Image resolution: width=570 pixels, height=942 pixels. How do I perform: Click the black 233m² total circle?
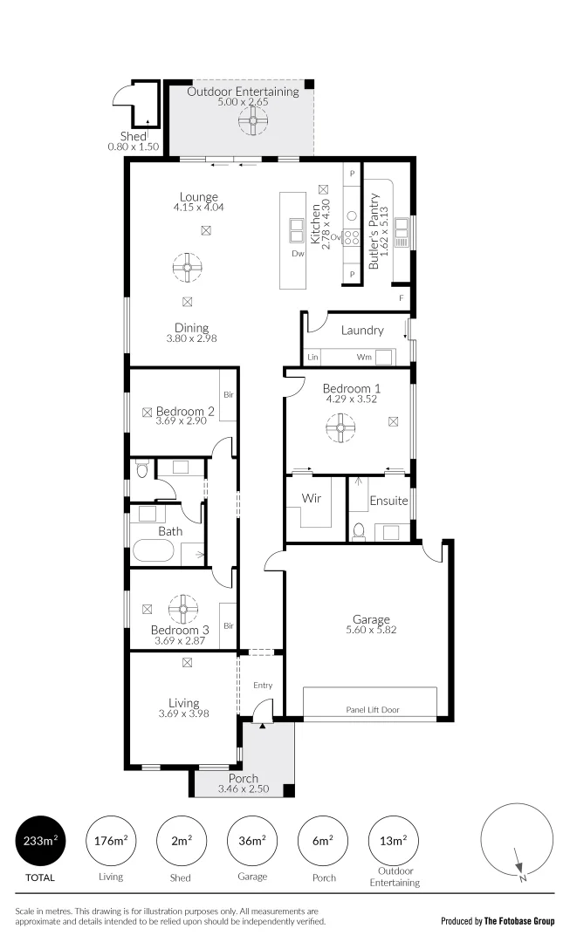(42, 841)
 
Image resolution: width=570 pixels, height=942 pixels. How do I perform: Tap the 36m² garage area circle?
(251, 841)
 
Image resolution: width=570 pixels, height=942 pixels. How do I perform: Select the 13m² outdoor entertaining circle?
(394, 841)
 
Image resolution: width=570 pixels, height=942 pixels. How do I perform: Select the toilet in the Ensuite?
(359, 530)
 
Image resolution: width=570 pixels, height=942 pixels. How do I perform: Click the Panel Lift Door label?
(372, 710)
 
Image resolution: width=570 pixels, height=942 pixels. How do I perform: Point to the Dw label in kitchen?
(298, 255)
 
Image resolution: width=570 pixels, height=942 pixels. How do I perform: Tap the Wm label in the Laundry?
(364, 358)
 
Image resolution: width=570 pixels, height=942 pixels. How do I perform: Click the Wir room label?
(312, 499)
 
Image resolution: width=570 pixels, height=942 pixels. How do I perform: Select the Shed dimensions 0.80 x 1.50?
(134, 147)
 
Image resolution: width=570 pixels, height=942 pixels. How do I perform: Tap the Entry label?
(263, 686)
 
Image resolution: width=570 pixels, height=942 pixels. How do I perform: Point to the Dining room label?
(191, 328)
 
